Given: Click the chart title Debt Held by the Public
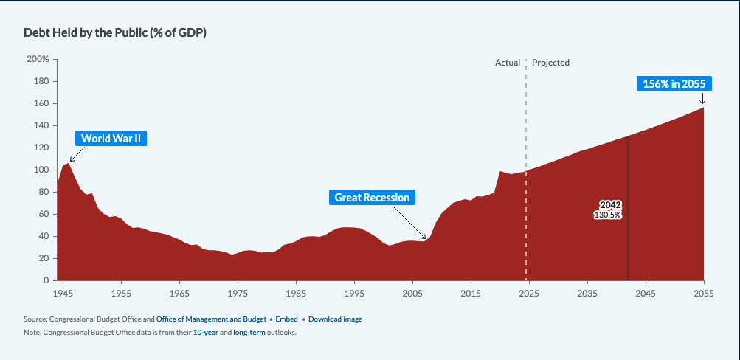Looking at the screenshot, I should pyautogui.click(x=115, y=34).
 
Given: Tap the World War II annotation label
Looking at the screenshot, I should pyautogui.click(x=111, y=138).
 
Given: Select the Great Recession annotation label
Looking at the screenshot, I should pyautogui.click(x=372, y=197).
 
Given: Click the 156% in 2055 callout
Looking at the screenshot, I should pyautogui.click(x=674, y=83).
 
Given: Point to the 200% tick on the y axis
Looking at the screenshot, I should pyautogui.click(x=38, y=59).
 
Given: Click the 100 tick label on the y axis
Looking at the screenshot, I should pyautogui.click(x=41, y=170).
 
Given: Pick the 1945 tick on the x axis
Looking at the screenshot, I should pyautogui.click(x=63, y=294).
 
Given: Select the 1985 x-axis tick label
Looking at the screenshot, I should pyautogui.click(x=296, y=294).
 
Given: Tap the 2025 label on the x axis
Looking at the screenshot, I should pyautogui.click(x=528, y=294).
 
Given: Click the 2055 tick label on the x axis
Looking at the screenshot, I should pyautogui.click(x=704, y=294).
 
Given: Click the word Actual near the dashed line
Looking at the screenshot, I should pyautogui.click(x=508, y=63).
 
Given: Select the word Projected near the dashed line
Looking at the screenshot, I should pyautogui.click(x=550, y=63).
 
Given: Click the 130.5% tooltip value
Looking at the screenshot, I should pyautogui.click(x=608, y=215).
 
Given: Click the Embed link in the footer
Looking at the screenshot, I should pyautogui.click(x=286, y=319).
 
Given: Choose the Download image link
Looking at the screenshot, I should pyautogui.click(x=335, y=319).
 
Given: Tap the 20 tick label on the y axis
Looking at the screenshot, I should pyautogui.click(x=44, y=258).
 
